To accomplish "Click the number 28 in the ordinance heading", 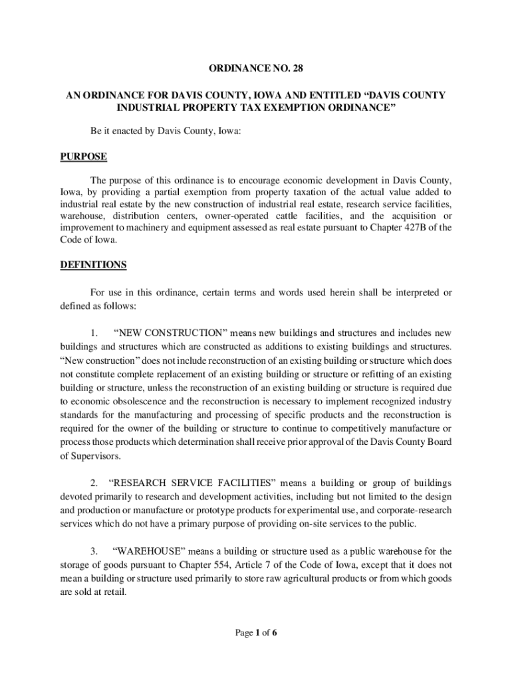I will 297,68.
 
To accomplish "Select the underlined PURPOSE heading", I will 84,157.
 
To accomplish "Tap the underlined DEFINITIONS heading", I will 93,265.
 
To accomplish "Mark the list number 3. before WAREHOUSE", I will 95,551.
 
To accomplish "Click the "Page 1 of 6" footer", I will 256,633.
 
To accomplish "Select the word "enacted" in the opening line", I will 128,131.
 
